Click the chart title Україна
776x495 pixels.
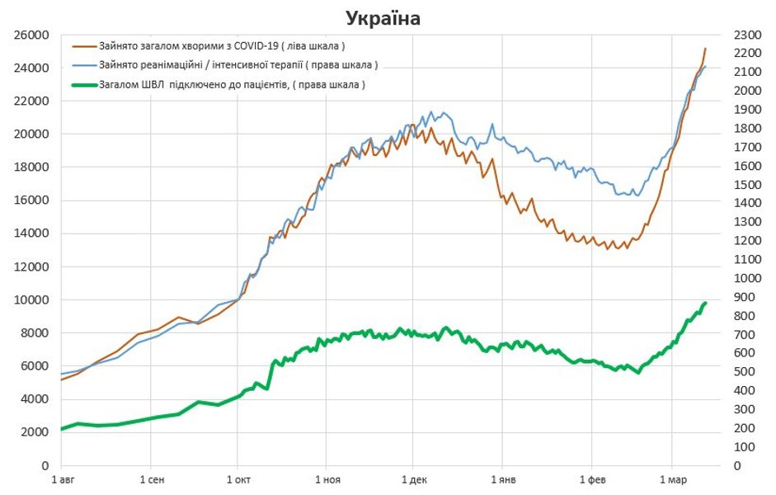click(x=382, y=18)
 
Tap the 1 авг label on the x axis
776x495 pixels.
click(x=63, y=478)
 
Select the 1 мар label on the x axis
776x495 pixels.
click(x=672, y=478)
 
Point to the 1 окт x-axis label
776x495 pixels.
click(x=238, y=478)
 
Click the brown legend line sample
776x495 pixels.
click(x=84, y=46)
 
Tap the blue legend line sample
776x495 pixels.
click(x=84, y=65)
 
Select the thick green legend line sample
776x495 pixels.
click(x=84, y=84)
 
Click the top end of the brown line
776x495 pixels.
click(x=705, y=49)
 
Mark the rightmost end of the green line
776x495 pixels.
click(x=705, y=304)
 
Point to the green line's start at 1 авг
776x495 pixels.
click(x=62, y=429)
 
